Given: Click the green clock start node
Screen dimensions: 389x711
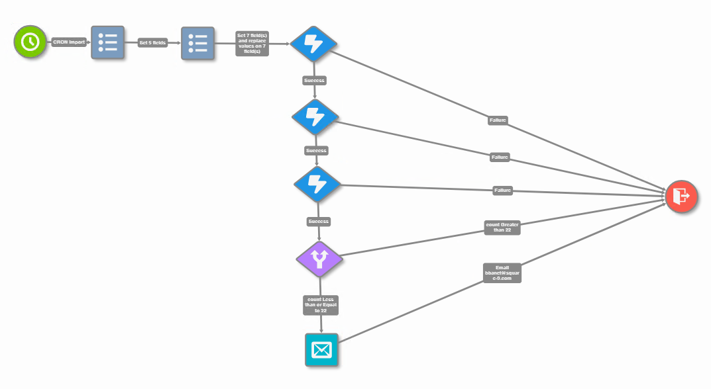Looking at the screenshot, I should (x=30, y=42).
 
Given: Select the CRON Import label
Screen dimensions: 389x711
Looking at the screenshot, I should (x=69, y=42).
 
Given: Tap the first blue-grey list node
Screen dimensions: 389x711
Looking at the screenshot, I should (x=107, y=42).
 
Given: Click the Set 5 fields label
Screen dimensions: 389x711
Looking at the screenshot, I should (x=152, y=42).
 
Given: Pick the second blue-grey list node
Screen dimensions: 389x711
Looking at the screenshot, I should (x=197, y=43).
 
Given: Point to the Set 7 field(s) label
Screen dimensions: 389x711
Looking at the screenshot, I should (x=252, y=42).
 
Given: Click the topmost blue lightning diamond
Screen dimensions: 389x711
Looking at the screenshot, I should (x=314, y=44).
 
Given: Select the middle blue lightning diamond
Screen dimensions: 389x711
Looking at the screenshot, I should (x=315, y=116).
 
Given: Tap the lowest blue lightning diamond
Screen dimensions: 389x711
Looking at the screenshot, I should (x=317, y=184).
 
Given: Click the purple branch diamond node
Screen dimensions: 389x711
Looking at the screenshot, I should (x=319, y=259).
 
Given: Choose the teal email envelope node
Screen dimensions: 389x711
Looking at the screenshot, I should (x=321, y=349).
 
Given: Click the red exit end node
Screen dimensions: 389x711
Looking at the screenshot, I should (x=681, y=196).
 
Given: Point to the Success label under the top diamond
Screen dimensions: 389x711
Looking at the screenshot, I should (x=314, y=80).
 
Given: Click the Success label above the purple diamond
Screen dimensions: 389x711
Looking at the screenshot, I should (x=319, y=221).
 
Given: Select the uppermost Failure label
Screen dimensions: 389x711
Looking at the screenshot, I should (x=498, y=120).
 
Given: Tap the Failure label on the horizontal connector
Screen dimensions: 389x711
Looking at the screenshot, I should (x=503, y=191).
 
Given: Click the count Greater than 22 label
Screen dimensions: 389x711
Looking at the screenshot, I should (x=503, y=228).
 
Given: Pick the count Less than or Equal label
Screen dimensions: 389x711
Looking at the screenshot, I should (x=321, y=304).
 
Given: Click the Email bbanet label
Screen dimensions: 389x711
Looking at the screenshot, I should (x=502, y=273).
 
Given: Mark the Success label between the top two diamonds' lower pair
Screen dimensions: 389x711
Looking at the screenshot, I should (x=316, y=150).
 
